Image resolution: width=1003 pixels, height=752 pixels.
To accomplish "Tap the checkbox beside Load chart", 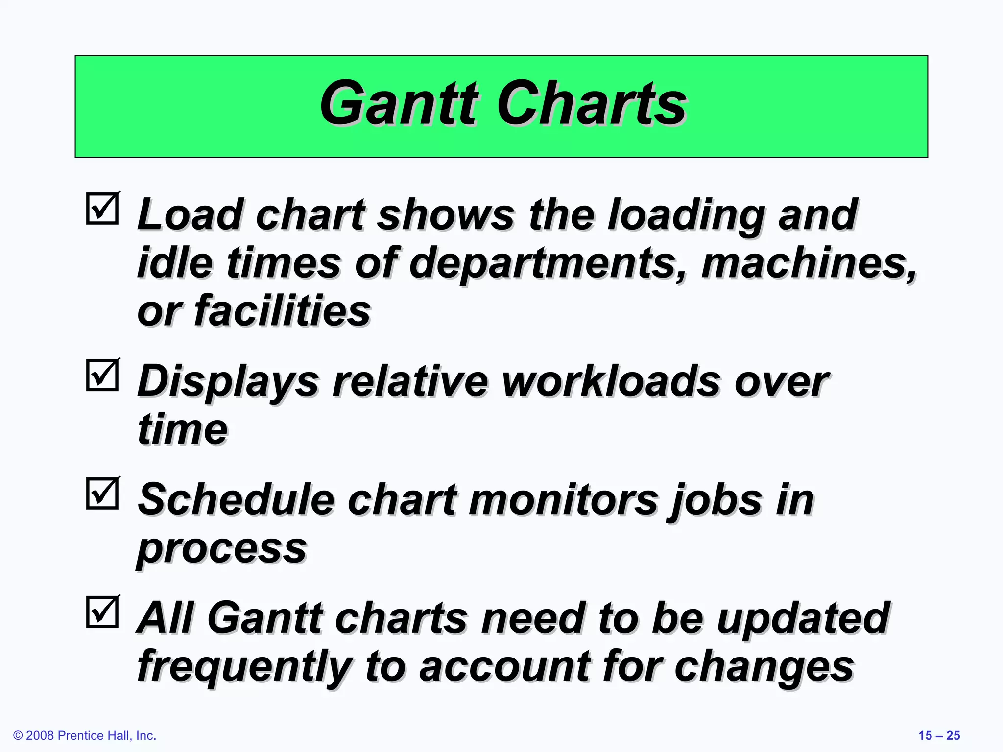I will click(103, 209).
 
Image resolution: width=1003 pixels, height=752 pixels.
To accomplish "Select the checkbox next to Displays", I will click(103, 375).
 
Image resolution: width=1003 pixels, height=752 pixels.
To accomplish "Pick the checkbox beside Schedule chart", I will click(103, 493).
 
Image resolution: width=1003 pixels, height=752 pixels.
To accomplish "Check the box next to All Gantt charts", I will click(103, 611).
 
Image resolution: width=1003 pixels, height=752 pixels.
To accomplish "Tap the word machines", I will click(808, 263).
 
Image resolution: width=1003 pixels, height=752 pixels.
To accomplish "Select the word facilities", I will click(282, 311).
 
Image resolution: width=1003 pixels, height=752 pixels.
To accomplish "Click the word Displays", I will click(228, 382).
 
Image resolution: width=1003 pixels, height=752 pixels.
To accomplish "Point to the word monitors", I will click(563, 499).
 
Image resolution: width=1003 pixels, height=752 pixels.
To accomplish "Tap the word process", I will click(221, 548).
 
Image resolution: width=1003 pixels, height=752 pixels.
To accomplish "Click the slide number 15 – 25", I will click(939, 735).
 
